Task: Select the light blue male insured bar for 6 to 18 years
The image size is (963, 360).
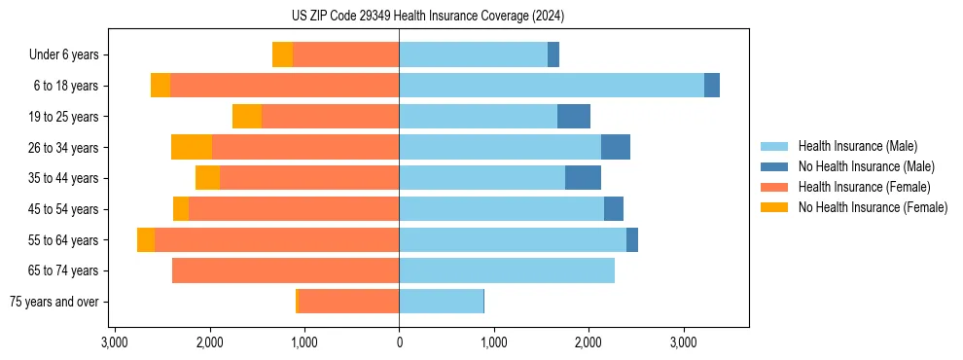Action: (551, 86)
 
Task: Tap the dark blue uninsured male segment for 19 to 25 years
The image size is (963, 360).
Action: (574, 117)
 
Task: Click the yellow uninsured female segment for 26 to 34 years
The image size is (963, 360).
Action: (192, 147)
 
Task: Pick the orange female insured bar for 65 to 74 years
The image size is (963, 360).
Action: (285, 270)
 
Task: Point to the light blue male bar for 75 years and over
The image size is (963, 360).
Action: (441, 302)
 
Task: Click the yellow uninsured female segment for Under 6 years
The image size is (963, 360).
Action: (282, 55)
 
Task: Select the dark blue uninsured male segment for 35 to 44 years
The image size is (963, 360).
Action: (583, 178)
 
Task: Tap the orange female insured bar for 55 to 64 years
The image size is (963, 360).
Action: (276, 239)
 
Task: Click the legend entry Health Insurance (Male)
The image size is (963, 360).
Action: (857, 146)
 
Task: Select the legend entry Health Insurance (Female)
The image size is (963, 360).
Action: (864, 187)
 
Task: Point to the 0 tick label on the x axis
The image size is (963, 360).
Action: (399, 342)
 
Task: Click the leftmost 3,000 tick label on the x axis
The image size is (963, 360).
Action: (115, 342)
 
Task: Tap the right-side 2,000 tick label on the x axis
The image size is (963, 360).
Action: (588, 342)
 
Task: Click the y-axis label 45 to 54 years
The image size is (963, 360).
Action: (63, 209)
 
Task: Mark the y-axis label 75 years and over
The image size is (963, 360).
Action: (53, 302)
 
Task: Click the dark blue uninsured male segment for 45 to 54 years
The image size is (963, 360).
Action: (614, 209)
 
